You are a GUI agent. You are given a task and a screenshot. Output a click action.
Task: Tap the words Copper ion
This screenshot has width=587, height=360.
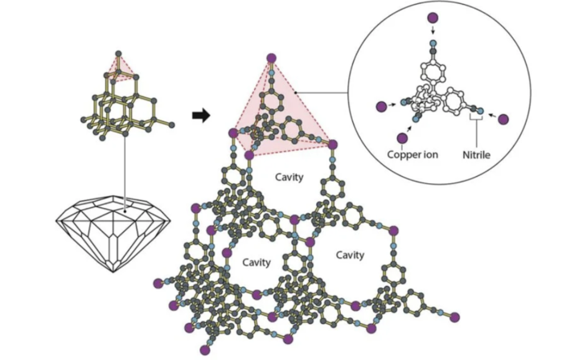[x=411, y=153]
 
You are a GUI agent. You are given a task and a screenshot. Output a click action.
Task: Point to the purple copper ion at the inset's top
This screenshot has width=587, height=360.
[x=433, y=17]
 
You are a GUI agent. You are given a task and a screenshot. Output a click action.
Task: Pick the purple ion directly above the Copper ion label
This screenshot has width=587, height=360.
[x=402, y=137]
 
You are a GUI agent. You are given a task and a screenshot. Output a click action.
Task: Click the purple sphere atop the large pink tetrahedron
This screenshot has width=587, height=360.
[x=271, y=56]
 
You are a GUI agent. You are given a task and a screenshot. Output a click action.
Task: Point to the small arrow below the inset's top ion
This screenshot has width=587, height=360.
[x=433, y=31]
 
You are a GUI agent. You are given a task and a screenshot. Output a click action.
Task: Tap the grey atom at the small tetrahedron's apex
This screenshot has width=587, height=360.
[x=118, y=53]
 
